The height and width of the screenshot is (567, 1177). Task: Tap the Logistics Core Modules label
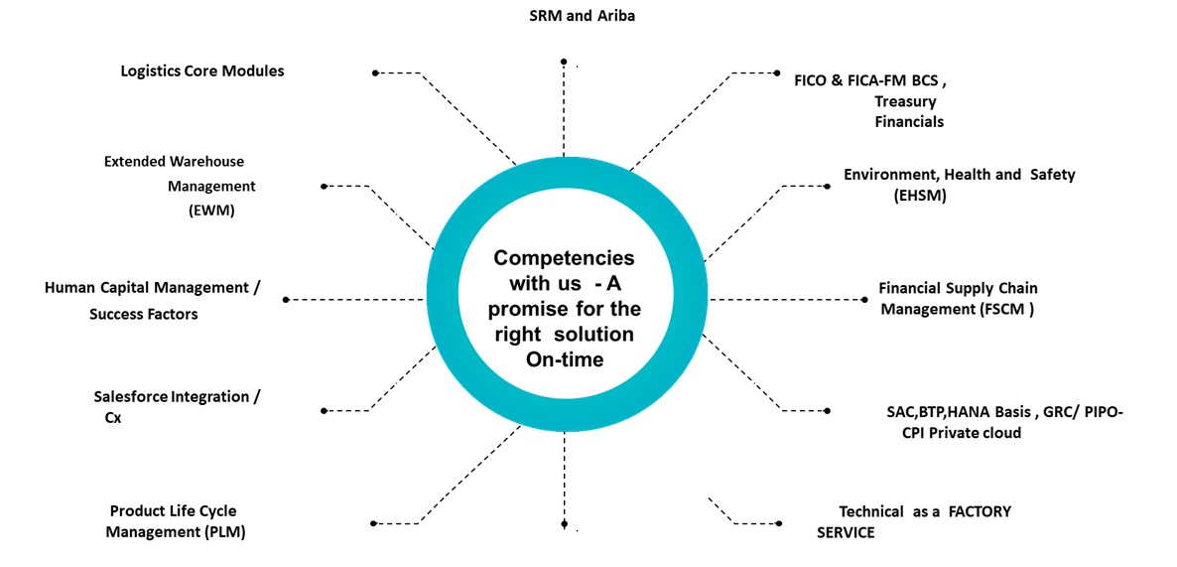point(202,71)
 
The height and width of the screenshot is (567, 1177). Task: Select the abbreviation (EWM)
point(210,210)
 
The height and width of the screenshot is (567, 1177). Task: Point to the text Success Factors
point(144,314)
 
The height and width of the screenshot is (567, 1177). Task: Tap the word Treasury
point(905,101)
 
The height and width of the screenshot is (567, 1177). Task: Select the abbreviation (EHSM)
point(920,196)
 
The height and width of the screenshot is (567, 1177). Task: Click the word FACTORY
point(979,511)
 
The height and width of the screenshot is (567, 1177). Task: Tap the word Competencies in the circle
point(565,257)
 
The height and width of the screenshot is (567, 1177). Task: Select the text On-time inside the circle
point(564,359)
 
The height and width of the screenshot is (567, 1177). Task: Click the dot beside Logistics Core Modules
point(375,72)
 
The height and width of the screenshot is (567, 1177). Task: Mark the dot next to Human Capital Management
point(286,299)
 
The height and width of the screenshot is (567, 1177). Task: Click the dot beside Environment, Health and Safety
point(829,186)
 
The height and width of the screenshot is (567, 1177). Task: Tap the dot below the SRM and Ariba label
point(564,62)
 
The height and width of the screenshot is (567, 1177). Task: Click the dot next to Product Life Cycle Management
point(373,523)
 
